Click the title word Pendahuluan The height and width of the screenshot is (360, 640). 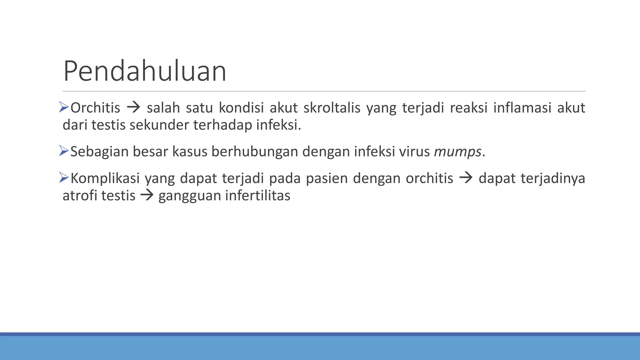pyautogui.click(x=145, y=71)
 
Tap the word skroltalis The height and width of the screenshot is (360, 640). pyautogui.click(x=332, y=108)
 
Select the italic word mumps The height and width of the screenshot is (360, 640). pyautogui.click(x=457, y=152)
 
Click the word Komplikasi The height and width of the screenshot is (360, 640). pyautogui.click(x=105, y=178)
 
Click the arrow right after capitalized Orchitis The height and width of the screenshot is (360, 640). pyautogui.click(x=133, y=108)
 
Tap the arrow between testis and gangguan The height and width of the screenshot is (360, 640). pyautogui.click(x=147, y=196)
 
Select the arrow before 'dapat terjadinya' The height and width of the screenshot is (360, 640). pyautogui.click(x=466, y=178)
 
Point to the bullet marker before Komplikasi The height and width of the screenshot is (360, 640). pyautogui.click(x=64, y=178)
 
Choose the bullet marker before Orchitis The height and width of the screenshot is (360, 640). pyautogui.click(x=64, y=107)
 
